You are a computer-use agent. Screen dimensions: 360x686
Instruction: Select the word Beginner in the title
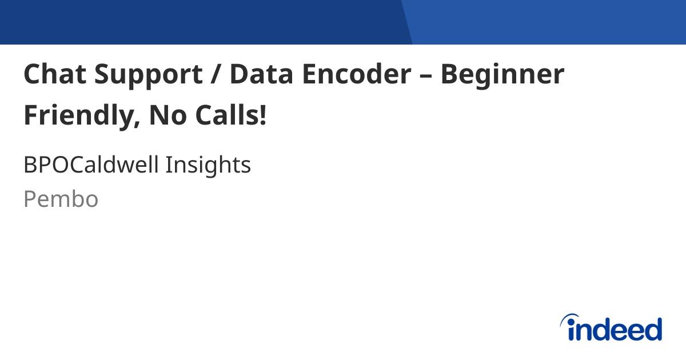click(502, 75)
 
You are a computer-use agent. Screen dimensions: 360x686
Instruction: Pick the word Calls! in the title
click(232, 115)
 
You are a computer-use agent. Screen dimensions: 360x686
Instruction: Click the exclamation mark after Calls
click(262, 115)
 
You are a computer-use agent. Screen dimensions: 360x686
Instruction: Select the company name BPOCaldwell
click(91, 165)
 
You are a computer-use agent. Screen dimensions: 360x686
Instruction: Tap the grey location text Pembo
click(61, 199)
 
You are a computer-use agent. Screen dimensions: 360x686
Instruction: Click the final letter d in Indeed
click(652, 330)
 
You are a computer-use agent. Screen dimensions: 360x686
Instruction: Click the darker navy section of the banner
click(200, 22)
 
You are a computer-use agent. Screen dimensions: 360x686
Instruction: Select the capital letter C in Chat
click(31, 74)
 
